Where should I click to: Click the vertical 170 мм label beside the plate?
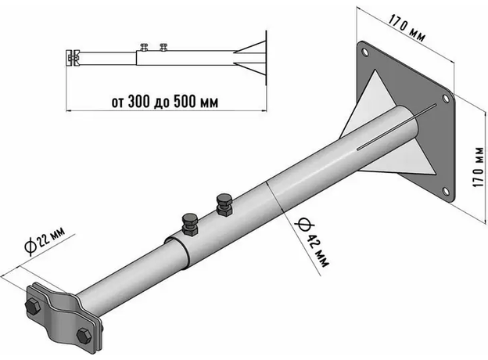pos(472,166)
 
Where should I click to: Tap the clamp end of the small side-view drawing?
pos(71,57)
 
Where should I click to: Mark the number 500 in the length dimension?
pos(186,101)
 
